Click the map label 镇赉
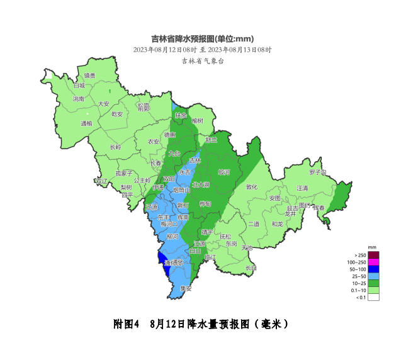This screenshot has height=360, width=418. click(x=90, y=76)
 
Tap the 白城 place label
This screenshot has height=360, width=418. click(x=79, y=86)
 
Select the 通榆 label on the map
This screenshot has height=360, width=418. click(x=86, y=123)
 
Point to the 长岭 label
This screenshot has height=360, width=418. click(x=115, y=147)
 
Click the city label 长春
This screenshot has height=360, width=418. click(x=155, y=163)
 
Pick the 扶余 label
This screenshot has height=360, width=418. click(x=181, y=115)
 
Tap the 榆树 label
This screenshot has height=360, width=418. click(x=198, y=120)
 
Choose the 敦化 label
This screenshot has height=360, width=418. click(x=252, y=186)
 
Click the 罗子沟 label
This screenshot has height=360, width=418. click(x=318, y=172)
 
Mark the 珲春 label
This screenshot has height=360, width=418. click(x=318, y=207)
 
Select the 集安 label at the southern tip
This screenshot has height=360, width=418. click(x=185, y=288)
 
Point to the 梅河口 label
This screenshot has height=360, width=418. click(x=169, y=223)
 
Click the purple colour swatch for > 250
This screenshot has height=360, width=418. click(x=373, y=256)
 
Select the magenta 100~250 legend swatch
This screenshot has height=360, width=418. click(x=373, y=262)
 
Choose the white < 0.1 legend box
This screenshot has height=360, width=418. click(x=373, y=297)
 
